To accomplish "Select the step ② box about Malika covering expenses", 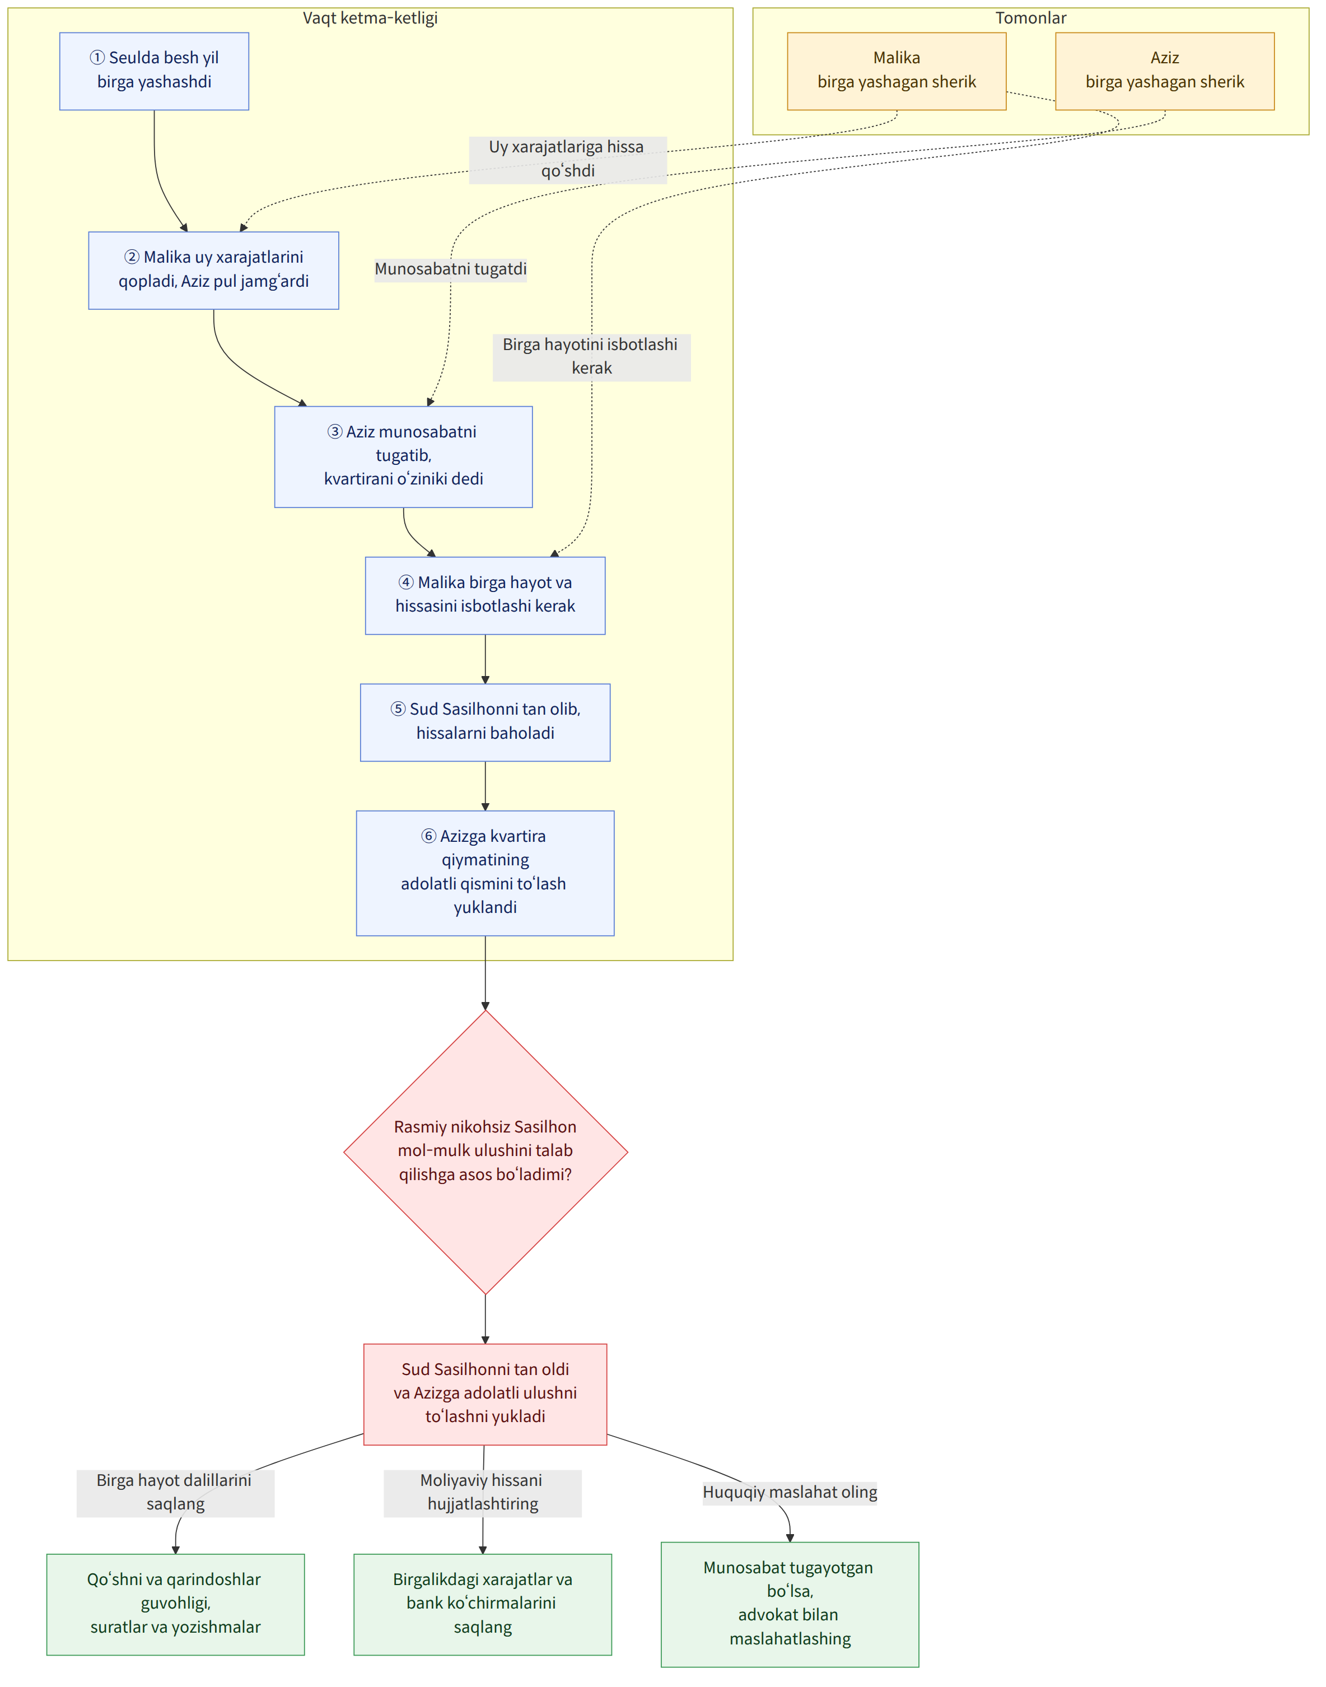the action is pyautogui.click(x=213, y=270).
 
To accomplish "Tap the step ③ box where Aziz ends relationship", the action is pyautogui.click(x=404, y=456).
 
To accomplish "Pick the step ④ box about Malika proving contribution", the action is pyautogui.click(x=485, y=595).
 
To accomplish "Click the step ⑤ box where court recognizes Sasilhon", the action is pyautogui.click(x=485, y=722).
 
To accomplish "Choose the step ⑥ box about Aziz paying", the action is pyautogui.click(x=485, y=873).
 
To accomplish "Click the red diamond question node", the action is pyautogui.click(x=485, y=1152).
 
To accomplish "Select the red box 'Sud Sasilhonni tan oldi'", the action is pyautogui.click(x=485, y=1394).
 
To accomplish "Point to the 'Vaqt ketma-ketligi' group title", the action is pyautogui.click(x=370, y=18).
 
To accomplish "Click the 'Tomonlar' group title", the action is pyautogui.click(x=1031, y=18).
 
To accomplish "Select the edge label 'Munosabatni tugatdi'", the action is pyautogui.click(x=450, y=269).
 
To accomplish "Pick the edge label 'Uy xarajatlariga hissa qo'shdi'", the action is pyautogui.click(x=567, y=159).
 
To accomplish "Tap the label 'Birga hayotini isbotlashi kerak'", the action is pyautogui.click(x=591, y=356).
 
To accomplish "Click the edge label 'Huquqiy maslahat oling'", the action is pyautogui.click(x=790, y=1492).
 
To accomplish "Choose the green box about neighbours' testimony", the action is pyautogui.click(x=175, y=1604).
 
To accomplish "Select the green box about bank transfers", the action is pyautogui.click(x=482, y=1604).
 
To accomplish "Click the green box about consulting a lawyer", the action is pyautogui.click(x=790, y=1604).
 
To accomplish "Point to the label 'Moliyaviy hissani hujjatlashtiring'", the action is pyautogui.click(x=482, y=1492).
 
